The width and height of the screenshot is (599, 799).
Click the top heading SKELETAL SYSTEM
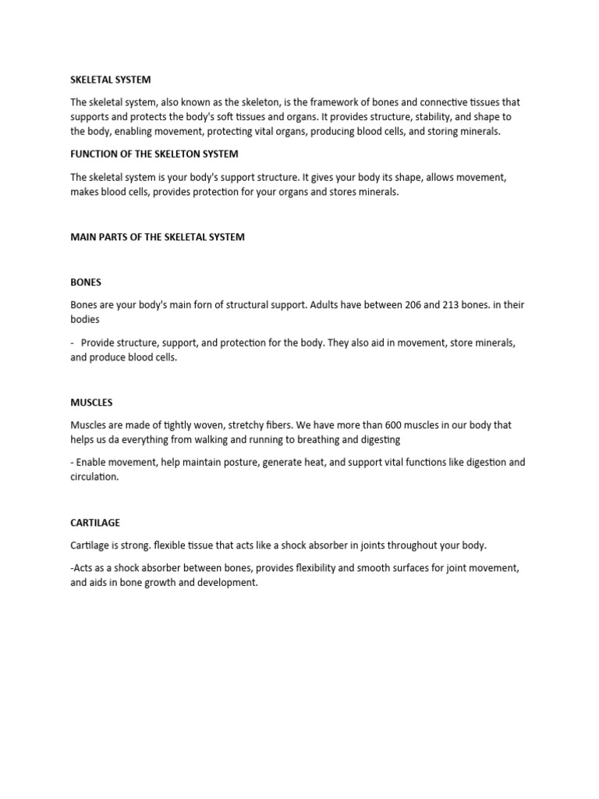click(x=111, y=80)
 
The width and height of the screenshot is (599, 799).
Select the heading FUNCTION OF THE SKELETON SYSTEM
click(x=154, y=154)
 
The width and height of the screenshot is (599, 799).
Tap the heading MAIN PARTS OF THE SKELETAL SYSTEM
click(x=158, y=237)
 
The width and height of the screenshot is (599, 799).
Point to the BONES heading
click(x=86, y=282)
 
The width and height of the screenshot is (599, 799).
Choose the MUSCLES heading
click(x=91, y=403)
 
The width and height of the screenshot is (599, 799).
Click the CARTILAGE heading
click(x=95, y=523)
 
